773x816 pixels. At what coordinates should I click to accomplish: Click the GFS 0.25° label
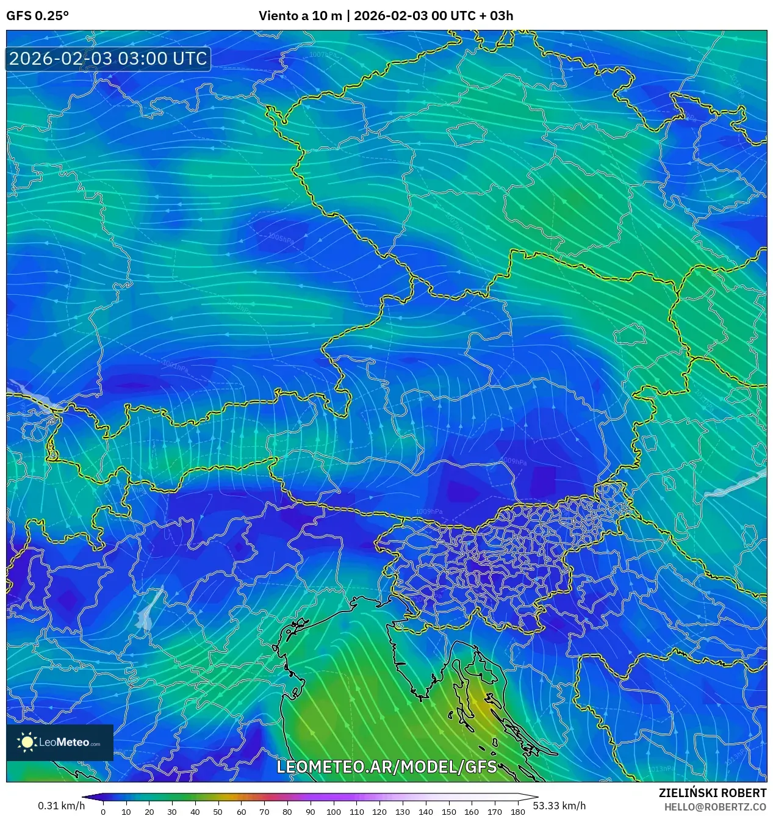click(37, 16)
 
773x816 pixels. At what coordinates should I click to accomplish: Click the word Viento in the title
click(278, 16)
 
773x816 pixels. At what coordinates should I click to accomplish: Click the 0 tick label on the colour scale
click(103, 812)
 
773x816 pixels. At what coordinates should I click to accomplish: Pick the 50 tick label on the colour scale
click(218, 812)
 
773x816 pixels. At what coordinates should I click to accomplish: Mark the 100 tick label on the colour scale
click(333, 812)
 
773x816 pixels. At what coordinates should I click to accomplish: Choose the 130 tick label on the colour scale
click(402, 812)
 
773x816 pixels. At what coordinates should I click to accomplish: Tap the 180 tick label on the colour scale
click(517, 812)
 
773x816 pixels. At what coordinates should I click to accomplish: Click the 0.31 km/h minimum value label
click(61, 806)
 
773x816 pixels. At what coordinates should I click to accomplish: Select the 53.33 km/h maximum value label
click(559, 806)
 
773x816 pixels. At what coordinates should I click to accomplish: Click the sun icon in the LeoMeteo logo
click(27, 742)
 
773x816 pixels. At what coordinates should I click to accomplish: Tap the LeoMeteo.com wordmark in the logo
click(70, 743)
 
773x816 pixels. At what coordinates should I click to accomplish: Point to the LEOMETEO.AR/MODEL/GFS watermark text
click(386, 767)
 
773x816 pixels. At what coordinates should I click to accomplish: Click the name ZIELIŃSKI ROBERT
click(712, 793)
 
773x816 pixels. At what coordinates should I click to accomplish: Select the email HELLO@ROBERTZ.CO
click(715, 807)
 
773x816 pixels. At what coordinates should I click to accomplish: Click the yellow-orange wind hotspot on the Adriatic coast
click(482, 708)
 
